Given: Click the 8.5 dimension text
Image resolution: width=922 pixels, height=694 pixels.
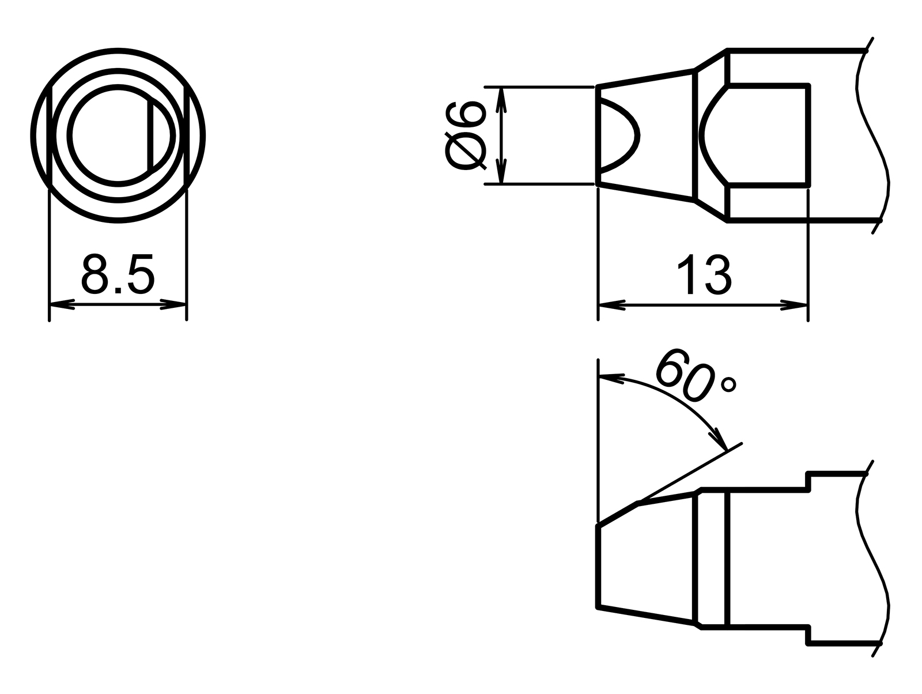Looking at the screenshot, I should [x=118, y=274].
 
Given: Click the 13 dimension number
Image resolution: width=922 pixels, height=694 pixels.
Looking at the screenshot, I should [x=704, y=276].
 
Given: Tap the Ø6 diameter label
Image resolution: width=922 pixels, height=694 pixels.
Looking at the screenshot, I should [x=464, y=137].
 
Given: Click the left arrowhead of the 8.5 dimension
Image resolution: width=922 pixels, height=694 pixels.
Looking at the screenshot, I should [x=61, y=304].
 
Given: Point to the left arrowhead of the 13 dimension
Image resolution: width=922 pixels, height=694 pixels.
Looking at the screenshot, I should [x=611, y=305].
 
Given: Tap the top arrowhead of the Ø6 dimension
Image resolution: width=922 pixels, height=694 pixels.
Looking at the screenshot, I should [x=501, y=99].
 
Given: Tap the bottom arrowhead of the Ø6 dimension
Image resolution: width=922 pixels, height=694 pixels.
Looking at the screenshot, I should [x=501, y=173].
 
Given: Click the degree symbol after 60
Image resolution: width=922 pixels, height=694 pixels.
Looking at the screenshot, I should [x=729, y=384].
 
